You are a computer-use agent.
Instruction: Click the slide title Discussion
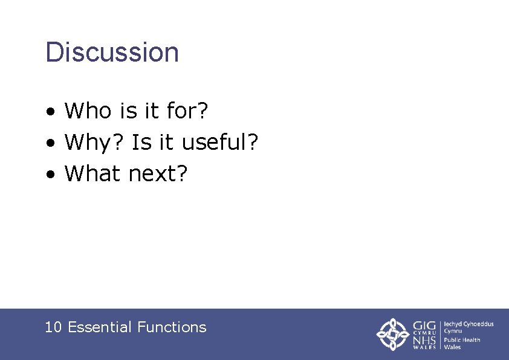pos(112,53)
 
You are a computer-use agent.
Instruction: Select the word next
pos(153,175)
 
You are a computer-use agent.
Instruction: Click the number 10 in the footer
pos(53,327)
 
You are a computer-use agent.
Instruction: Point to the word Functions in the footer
pos(172,327)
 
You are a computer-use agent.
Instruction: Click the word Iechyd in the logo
pos(455,324)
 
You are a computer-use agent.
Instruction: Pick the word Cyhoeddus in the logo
pos(481,324)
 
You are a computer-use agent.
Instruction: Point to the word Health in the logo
pos(470,339)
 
